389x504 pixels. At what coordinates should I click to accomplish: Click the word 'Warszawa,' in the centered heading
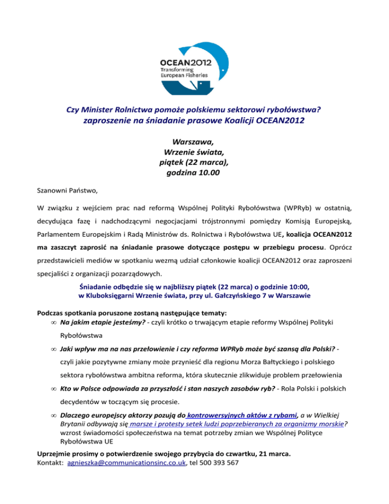[x=192, y=141]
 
